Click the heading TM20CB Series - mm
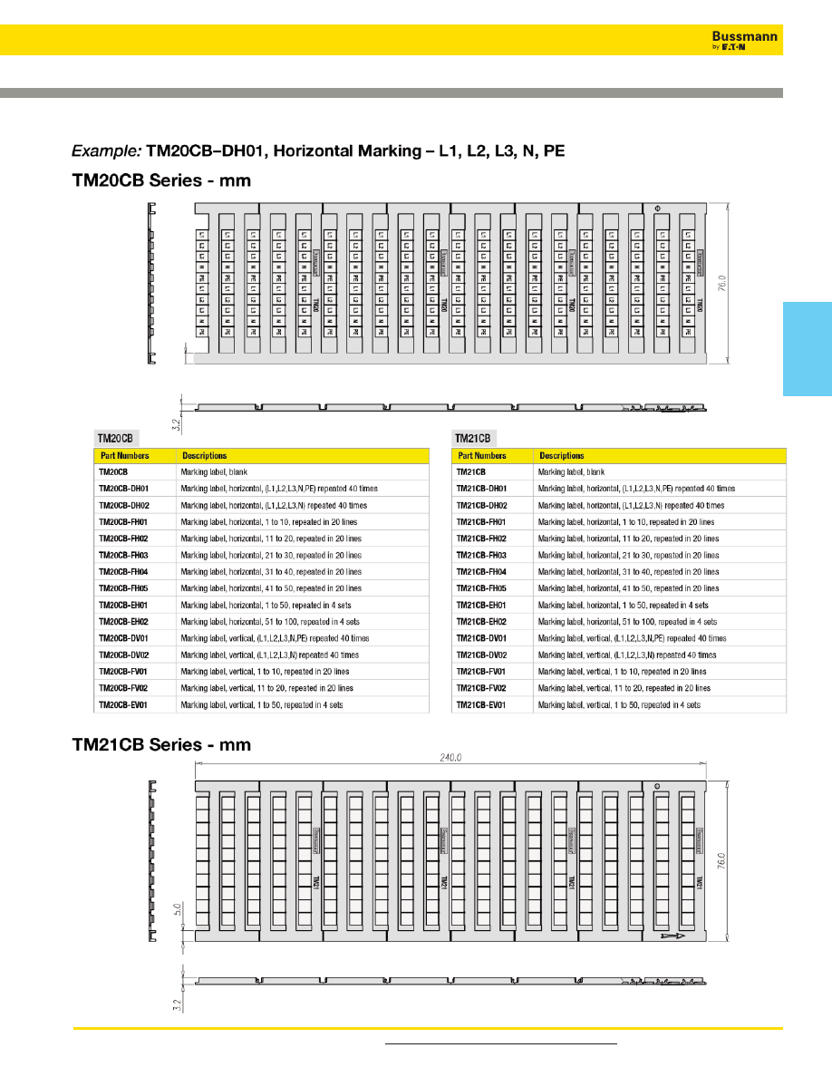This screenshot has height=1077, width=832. [x=160, y=180]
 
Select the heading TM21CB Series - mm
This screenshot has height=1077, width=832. [x=160, y=744]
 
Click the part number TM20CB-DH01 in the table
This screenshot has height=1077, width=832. [x=123, y=489]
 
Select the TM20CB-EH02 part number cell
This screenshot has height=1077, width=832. [x=123, y=622]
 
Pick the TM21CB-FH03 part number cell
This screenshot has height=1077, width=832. [x=480, y=555]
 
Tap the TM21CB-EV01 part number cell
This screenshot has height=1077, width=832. [x=480, y=704]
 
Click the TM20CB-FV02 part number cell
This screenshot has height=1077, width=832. [x=123, y=688]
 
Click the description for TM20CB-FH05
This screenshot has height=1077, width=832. [x=270, y=588]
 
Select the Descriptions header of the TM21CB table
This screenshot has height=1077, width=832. [x=561, y=456]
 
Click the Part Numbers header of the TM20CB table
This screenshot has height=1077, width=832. [x=124, y=456]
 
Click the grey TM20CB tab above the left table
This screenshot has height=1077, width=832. [x=115, y=438]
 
